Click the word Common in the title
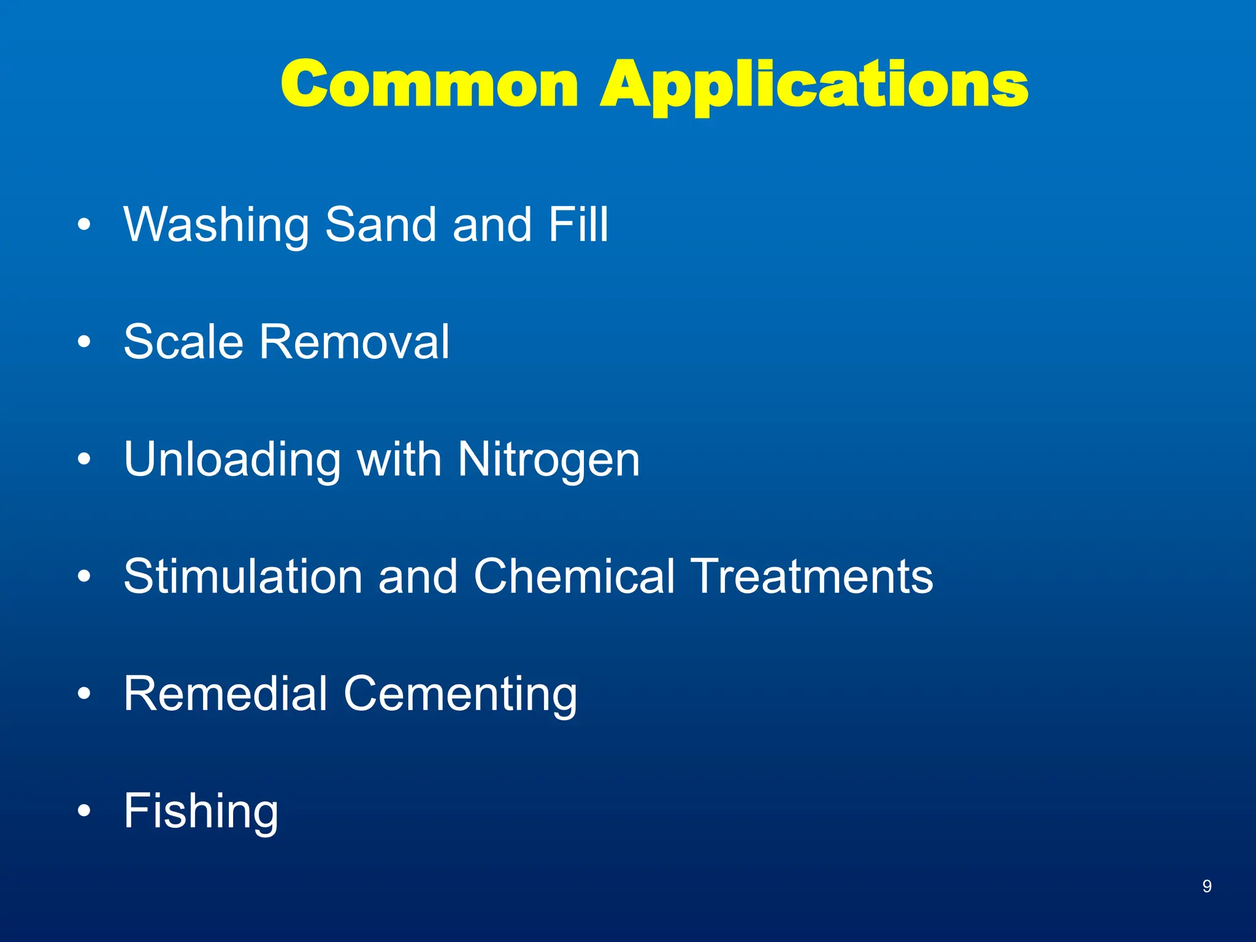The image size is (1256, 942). [429, 84]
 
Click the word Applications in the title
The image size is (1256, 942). [814, 86]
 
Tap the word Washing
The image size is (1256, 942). [216, 225]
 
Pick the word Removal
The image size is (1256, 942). [354, 342]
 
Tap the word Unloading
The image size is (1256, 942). [232, 460]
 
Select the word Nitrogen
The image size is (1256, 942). [548, 460]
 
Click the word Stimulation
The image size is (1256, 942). [243, 576]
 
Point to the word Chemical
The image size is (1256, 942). [574, 576]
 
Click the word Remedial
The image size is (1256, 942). [225, 694]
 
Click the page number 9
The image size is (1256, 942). [1206, 886]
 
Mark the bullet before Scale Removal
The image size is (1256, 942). [85, 342]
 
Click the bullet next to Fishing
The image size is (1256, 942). [85, 811]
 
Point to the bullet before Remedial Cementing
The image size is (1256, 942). [85, 694]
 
